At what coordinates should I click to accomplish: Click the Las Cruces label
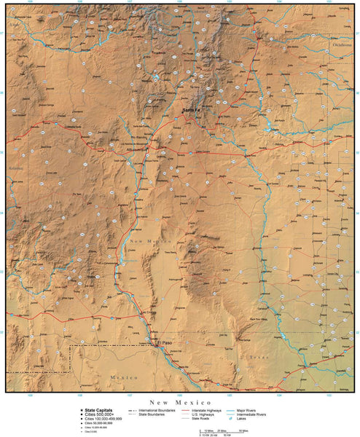tap(148, 313)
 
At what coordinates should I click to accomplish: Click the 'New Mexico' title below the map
tap(180, 402)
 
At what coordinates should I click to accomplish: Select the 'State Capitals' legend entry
tap(99, 410)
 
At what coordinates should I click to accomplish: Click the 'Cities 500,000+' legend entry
tap(98, 414)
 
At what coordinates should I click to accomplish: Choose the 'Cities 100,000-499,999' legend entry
tap(102, 419)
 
